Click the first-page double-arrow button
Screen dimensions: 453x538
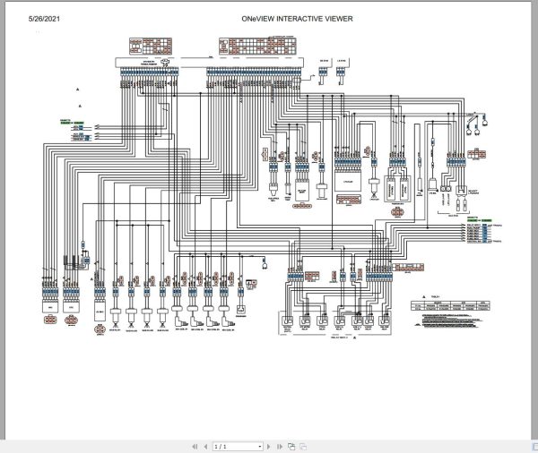[x=194, y=446]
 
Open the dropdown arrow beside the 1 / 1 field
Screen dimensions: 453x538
[x=260, y=446]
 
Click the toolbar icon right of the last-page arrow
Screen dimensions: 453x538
[x=291, y=446]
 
